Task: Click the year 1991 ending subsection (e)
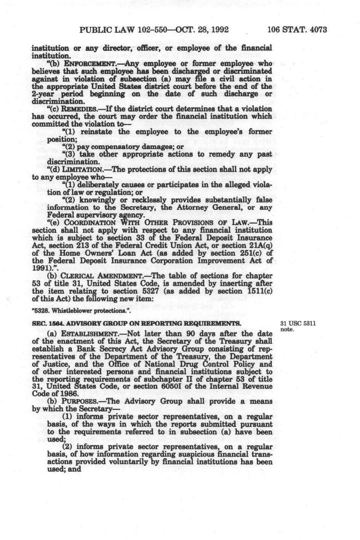click(x=39, y=268)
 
